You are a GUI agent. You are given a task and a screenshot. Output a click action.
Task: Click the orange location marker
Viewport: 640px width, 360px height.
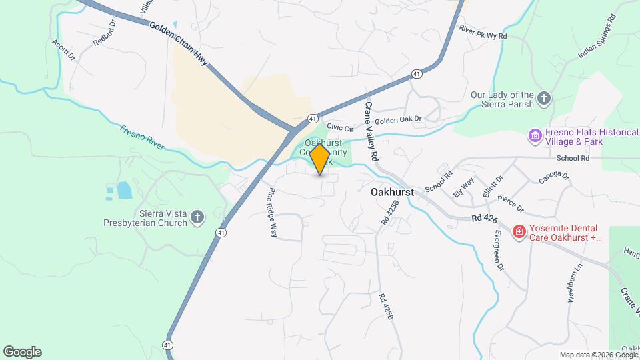(x=320, y=159)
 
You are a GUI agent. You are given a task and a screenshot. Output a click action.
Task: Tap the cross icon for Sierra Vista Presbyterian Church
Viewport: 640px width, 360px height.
(x=197, y=217)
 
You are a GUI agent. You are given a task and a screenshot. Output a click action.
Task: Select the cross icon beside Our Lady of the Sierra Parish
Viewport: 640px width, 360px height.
(x=544, y=99)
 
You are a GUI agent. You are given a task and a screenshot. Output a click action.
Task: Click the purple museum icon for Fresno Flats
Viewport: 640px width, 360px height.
(x=534, y=136)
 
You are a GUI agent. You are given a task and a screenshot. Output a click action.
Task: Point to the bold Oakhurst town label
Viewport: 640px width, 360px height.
(x=392, y=192)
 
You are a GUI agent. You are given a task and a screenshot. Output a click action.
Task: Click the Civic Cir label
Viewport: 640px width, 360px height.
(x=339, y=127)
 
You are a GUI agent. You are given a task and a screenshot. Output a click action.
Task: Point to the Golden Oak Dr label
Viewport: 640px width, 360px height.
(x=398, y=120)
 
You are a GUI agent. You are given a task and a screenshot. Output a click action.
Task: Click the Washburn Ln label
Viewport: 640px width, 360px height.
(x=571, y=279)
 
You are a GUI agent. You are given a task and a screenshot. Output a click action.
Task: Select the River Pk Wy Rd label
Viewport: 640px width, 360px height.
(x=483, y=31)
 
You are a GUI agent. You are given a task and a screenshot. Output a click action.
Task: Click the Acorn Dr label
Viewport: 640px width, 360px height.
(x=63, y=49)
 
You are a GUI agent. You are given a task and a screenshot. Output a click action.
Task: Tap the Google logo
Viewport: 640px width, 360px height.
(x=22, y=352)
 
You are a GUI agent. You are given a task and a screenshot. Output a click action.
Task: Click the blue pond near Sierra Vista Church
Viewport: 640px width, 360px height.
(x=124, y=191)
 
